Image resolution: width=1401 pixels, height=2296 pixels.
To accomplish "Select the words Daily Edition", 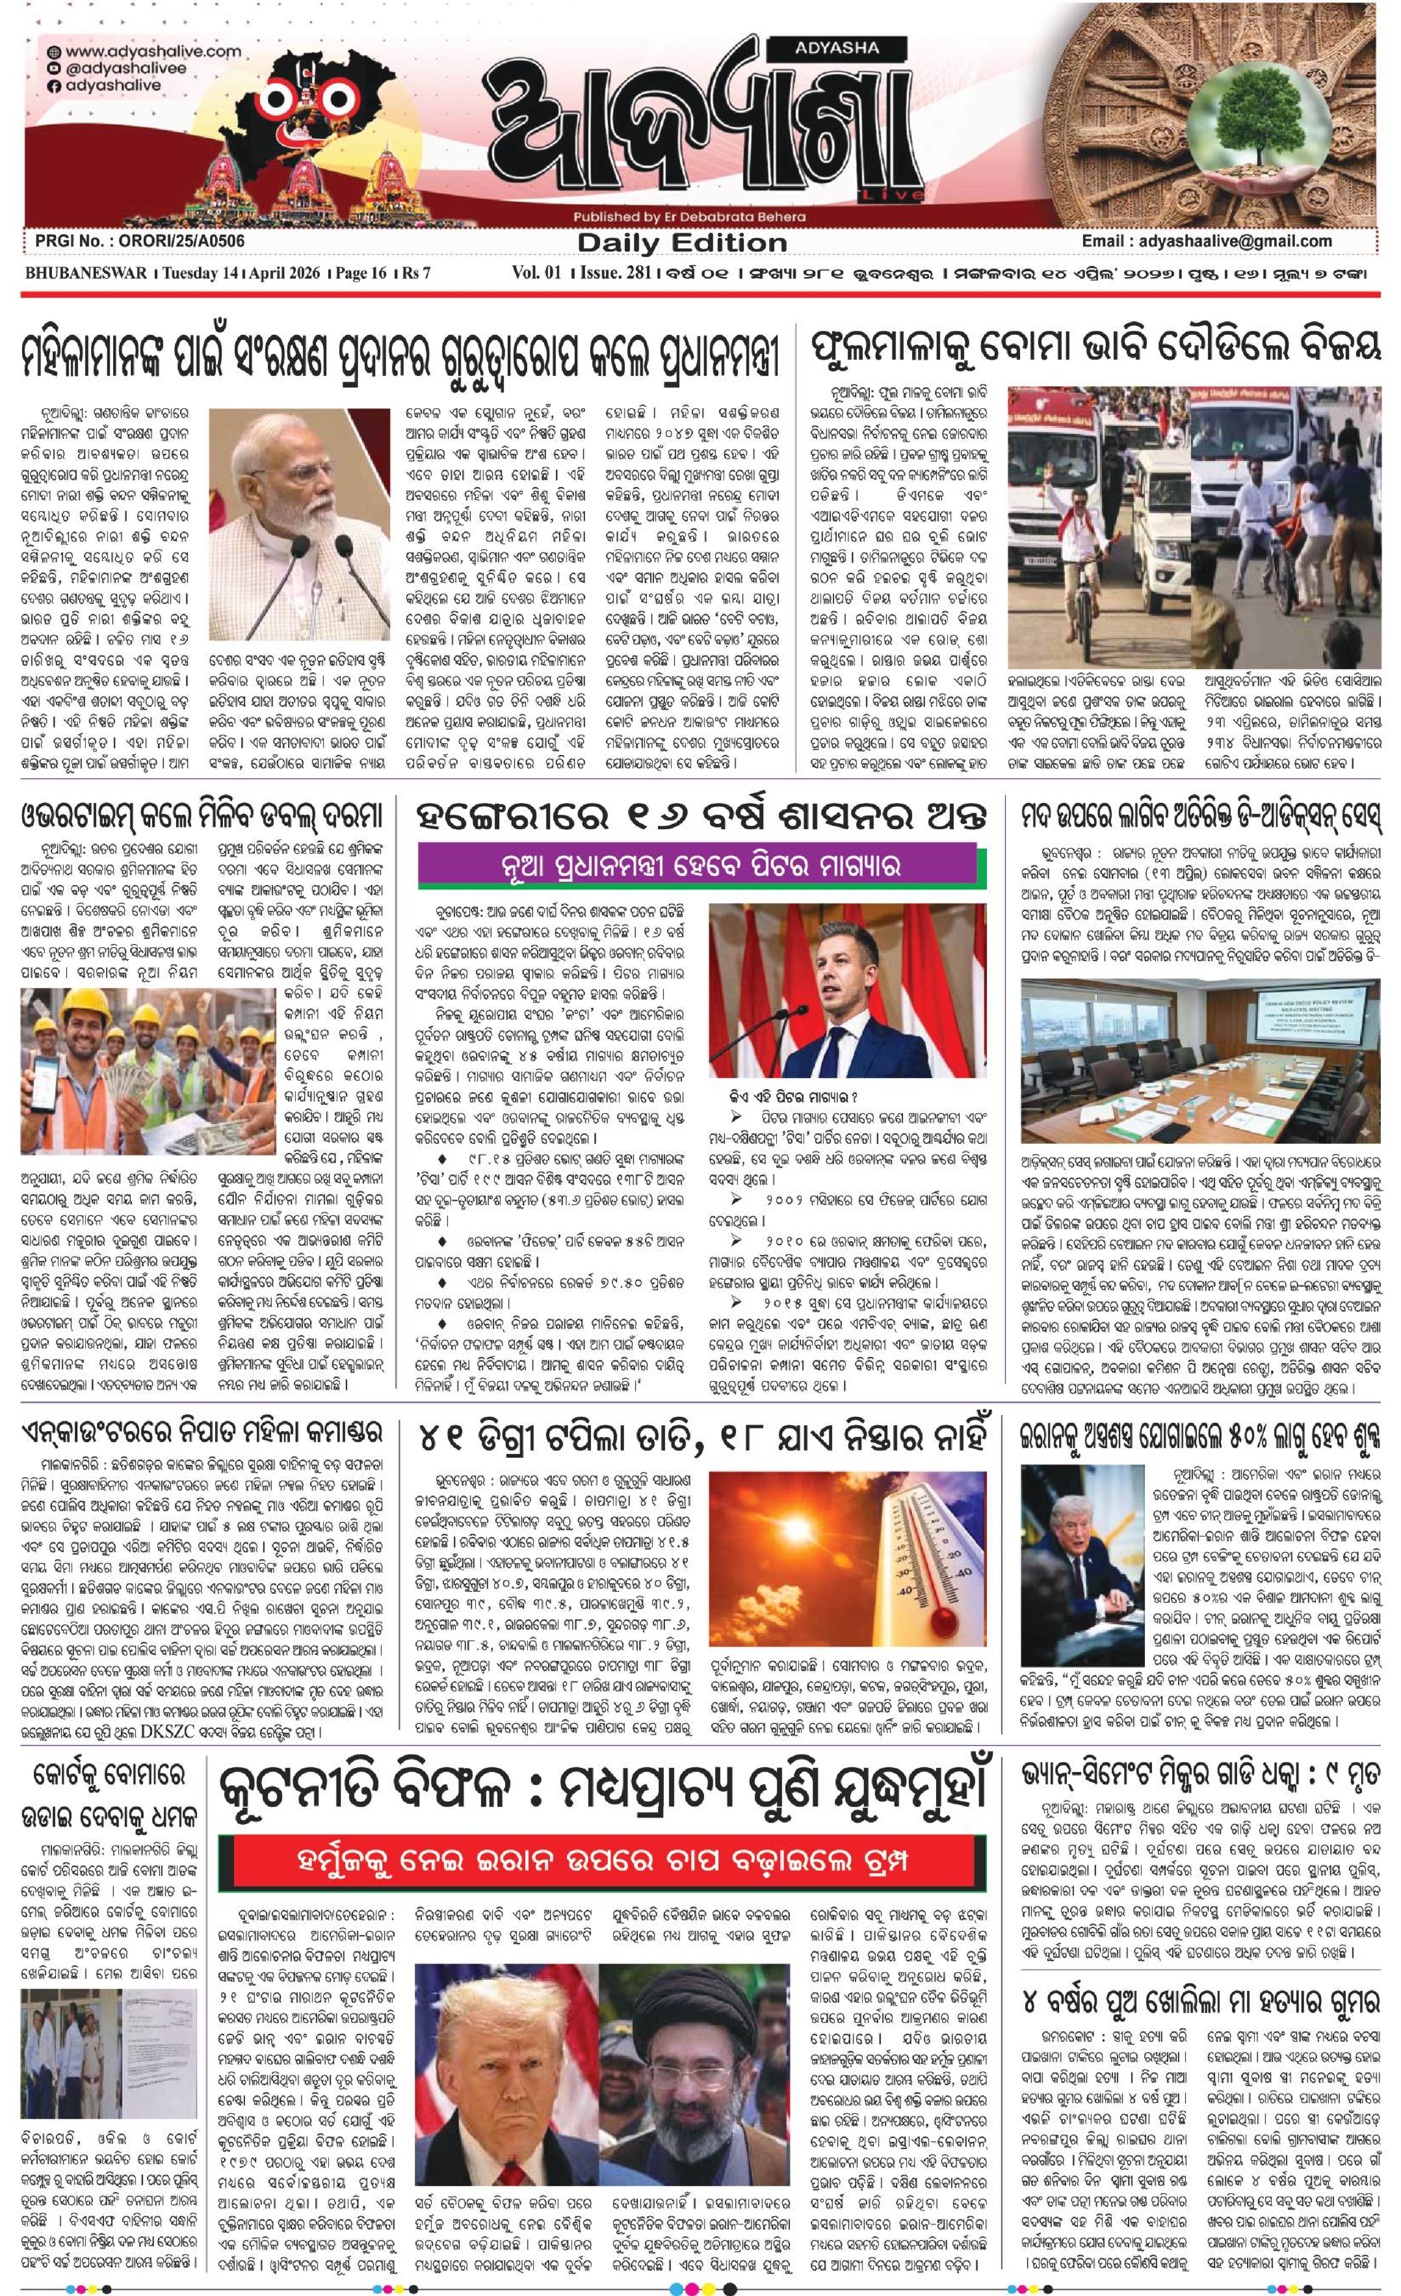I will pos(682,243).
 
